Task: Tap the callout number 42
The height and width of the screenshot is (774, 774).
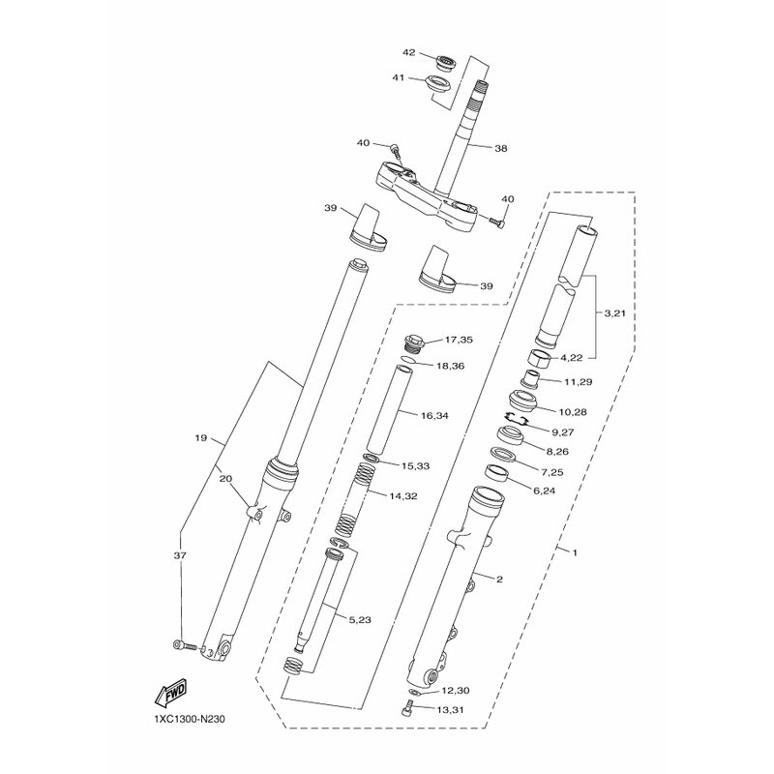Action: [409, 52]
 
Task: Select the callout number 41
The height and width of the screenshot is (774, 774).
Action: [399, 77]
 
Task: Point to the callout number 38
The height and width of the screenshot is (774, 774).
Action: [500, 148]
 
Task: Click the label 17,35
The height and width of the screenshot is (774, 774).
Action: [459, 340]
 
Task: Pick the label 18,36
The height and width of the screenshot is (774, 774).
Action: [450, 367]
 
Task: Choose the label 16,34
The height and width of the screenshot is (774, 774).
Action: [434, 416]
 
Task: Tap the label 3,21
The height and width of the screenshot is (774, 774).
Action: [614, 313]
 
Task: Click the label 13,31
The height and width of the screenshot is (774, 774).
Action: [451, 710]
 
